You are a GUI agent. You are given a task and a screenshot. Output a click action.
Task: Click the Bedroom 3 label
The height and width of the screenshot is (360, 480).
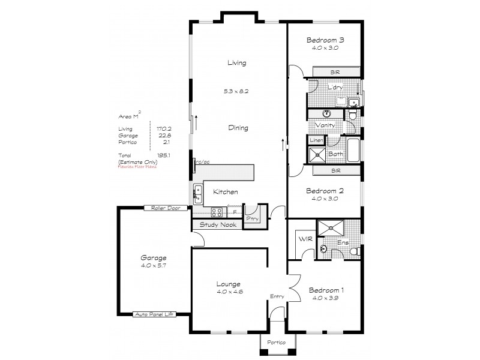point(325,40)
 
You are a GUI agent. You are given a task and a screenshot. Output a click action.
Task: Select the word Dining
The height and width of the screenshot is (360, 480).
point(238,128)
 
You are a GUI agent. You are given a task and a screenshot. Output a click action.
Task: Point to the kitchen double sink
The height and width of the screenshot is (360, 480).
point(197,193)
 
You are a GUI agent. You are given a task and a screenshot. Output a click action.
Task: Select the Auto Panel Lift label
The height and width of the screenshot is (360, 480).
point(154,314)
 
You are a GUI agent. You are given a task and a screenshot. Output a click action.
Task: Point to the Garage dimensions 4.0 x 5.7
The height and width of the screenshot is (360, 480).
point(154,265)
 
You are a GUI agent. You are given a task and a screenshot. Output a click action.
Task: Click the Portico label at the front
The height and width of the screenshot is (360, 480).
point(274,343)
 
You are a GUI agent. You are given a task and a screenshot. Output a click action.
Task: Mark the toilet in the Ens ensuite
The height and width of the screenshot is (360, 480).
point(354,251)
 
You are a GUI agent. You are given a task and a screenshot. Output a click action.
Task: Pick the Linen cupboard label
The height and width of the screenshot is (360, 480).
point(316,140)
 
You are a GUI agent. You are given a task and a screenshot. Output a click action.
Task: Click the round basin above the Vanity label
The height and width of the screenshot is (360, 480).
point(328,113)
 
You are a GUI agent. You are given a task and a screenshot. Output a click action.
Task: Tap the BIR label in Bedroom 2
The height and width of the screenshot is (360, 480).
point(335,171)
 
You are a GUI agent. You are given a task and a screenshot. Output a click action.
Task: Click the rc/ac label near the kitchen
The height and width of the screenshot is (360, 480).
point(202,161)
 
